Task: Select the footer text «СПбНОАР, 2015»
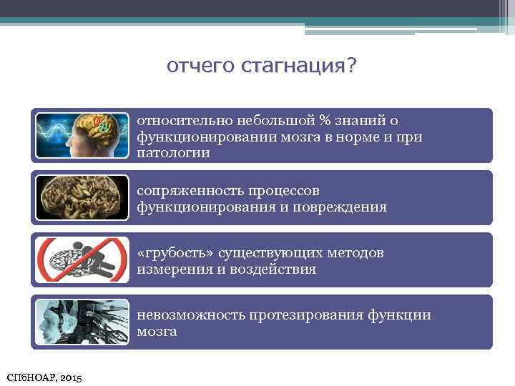44,376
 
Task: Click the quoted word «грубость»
176,253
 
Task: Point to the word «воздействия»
275,270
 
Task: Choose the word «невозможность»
191,315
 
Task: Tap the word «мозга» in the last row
157,332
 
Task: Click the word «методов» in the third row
358,253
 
